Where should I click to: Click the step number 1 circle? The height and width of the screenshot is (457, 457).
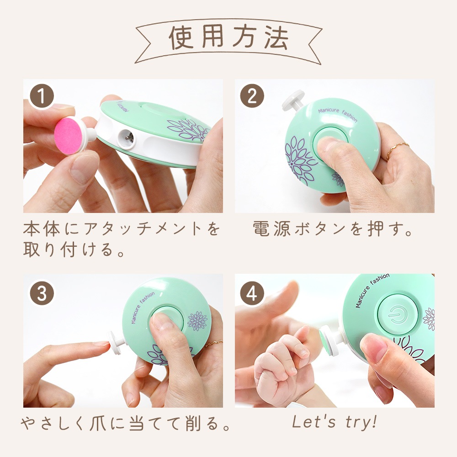click(x=42, y=96)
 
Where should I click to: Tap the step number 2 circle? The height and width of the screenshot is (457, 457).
click(x=252, y=96)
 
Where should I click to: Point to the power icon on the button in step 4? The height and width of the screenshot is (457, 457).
click(x=397, y=314)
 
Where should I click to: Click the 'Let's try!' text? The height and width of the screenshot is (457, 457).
click(x=335, y=422)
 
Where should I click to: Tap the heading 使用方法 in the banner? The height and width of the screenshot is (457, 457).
click(x=229, y=37)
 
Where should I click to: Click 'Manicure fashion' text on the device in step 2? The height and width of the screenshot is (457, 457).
click(x=338, y=114)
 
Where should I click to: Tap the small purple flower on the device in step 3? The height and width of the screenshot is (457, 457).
click(x=197, y=321)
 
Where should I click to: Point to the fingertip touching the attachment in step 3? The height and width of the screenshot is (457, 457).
click(x=104, y=345)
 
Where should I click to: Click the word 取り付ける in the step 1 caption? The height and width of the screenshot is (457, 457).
click(x=68, y=250)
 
